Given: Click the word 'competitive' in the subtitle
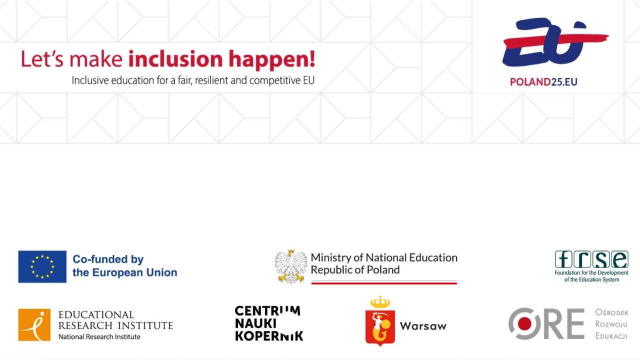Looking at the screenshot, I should pos(274,80).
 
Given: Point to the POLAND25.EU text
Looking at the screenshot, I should pos(543,82).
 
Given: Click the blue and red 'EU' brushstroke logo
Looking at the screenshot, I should pos(550,42).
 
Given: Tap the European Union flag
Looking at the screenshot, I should pos(42,266).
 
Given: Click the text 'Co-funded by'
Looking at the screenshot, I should pos(108,259).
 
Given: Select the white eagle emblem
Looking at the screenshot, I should pos(291,266).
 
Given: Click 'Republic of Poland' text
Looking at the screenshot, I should pos(355,270).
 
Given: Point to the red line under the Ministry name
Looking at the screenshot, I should pos(384,283).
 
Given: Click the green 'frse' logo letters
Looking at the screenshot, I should pos(591,259).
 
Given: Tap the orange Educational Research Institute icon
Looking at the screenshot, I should pos(34,325).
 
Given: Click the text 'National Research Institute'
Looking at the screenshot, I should pos(99,337).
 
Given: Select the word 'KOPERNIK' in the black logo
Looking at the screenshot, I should pos(269,336).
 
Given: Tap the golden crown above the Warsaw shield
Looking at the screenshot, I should pos(380,302).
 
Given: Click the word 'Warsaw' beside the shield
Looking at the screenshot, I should pos(423,326).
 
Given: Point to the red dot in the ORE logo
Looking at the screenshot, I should pos(524,324).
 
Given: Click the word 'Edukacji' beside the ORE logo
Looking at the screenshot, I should pos(611,335).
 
